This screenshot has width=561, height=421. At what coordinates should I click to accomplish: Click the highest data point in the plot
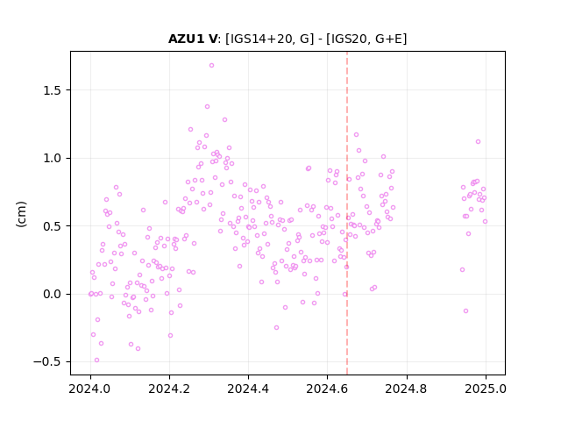click(x=211, y=66)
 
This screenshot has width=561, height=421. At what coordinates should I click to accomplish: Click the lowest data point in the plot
click(x=96, y=360)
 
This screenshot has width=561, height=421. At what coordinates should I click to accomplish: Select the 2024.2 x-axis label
click(x=169, y=389)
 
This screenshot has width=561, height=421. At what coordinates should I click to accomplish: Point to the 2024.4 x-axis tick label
click(x=248, y=389)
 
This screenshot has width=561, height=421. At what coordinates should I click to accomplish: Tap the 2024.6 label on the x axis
click(x=327, y=389)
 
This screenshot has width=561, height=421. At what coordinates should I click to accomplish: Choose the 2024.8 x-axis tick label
click(x=406, y=389)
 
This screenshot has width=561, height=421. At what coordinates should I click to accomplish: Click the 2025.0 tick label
click(x=486, y=389)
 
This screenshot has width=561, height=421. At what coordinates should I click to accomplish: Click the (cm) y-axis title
click(x=21, y=214)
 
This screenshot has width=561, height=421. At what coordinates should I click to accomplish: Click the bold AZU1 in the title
click(x=186, y=39)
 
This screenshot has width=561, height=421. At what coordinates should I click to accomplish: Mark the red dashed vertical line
click(x=347, y=213)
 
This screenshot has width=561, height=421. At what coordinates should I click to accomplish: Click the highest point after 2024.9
click(x=478, y=142)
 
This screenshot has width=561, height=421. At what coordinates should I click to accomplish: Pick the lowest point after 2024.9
click(x=465, y=311)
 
